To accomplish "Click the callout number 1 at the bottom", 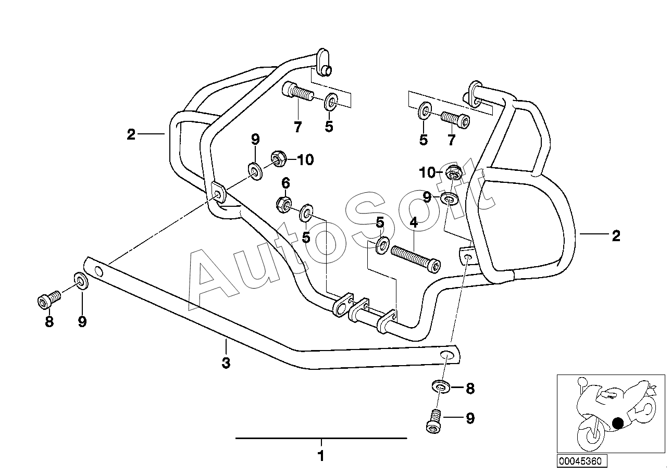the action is [x=321, y=456].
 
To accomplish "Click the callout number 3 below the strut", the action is [x=226, y=363].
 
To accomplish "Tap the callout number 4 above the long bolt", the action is [x=414, y=222].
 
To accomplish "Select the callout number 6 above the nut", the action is [x=286, y=183].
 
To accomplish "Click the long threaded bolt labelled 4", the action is [x=416, y=259].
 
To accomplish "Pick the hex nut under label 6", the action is [x=283, y=204].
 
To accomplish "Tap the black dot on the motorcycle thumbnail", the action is [x=617, y=423].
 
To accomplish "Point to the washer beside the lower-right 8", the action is [x=441, y=386].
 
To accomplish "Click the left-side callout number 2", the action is [x=131, y=134].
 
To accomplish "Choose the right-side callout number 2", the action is [x=616, y=236].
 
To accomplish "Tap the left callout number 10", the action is [x=305, y=159].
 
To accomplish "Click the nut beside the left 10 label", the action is [x=279, y=159].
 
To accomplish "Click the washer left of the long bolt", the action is [x=382, y=245].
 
